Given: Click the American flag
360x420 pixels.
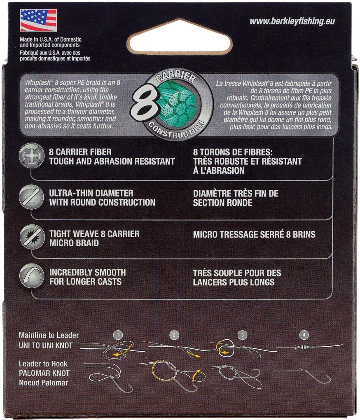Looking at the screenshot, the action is [38, 20].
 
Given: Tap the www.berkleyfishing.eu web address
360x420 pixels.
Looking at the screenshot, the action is [292, 21].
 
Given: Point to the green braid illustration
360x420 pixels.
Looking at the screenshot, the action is [177, 105].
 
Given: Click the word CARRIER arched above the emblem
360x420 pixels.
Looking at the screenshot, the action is [176, 77].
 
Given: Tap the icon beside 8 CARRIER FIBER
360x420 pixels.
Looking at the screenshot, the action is [32, 156].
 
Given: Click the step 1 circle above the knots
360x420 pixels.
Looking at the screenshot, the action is [118, 334].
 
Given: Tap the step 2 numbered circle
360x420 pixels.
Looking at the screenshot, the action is [174, 335].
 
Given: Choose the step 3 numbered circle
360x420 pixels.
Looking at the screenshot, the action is [243, 335].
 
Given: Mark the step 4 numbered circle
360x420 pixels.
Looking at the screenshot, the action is [304, 334].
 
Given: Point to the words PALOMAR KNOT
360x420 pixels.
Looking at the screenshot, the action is [44, 373].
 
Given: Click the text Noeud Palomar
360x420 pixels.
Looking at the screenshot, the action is [43, 383].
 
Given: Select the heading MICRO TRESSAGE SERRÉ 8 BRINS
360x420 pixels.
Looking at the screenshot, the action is [254, 235].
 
